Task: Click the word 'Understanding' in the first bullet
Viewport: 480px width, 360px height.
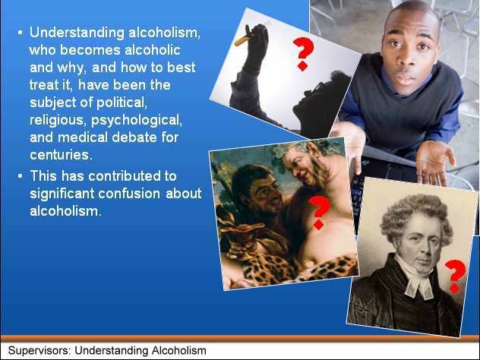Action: [x=77, y=33]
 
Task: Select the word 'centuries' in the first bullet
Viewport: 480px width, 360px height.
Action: [x=59, y=155]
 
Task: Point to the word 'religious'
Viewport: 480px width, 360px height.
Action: [x=56, y=120]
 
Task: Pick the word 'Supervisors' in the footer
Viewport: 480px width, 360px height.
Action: [x=39, y=351]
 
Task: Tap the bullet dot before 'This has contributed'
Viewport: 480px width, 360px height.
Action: [x=21, y=176]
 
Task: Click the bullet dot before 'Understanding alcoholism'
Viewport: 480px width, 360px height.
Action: [x=21, y=32]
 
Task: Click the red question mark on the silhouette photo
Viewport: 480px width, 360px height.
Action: [x=303, y=54]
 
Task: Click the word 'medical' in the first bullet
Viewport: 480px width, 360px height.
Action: [x=82, y=137]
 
